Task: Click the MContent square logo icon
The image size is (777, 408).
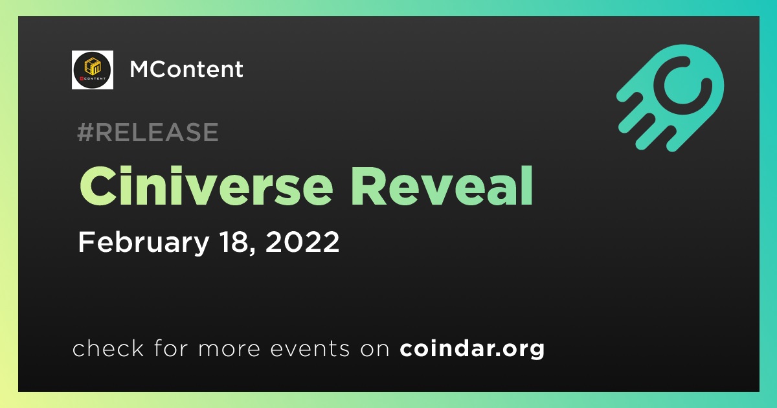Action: [92, 70]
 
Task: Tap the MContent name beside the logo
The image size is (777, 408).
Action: [186, 69]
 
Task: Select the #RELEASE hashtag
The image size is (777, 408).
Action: [148, 132]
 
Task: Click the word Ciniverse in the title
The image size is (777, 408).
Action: [206, 186]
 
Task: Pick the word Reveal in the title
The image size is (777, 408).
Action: [442, 186]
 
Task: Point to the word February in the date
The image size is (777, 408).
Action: [144, 242]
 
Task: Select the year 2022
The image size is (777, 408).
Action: [302, 242]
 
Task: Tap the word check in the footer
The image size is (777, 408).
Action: [108, 348]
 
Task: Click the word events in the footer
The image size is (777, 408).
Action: [310, 348]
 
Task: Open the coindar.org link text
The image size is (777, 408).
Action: [472, 349]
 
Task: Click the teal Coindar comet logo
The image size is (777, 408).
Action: [670, 98]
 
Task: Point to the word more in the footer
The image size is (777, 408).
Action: [229, 349]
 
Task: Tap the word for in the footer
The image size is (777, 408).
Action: [172, 348]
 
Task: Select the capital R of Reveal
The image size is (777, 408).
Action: [368, 187]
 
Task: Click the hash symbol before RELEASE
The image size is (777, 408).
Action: [85, 132]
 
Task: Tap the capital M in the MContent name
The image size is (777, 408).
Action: [139, 69]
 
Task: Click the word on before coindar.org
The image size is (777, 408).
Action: [375, 349]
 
